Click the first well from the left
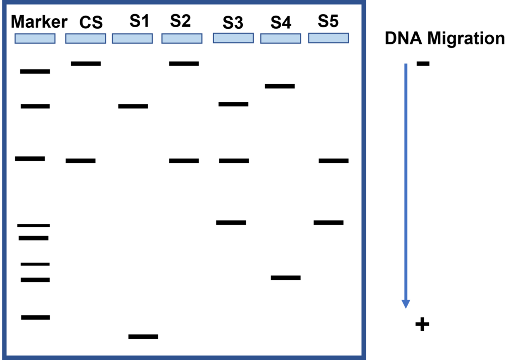[35, 38]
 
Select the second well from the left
[86, 38]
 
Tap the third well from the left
[132, 38]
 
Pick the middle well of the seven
[182, 38]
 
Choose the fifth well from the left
[233, 38]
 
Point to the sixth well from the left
[281, 38]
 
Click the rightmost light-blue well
[329, 38]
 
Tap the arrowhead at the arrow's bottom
[406, 304]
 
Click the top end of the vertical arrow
[406, 64]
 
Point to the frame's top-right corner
[363, 3]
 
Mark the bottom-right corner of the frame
[363, 357]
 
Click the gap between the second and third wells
[109, 38]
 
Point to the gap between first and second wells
[60, 38]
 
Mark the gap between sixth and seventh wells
[305, 38]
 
